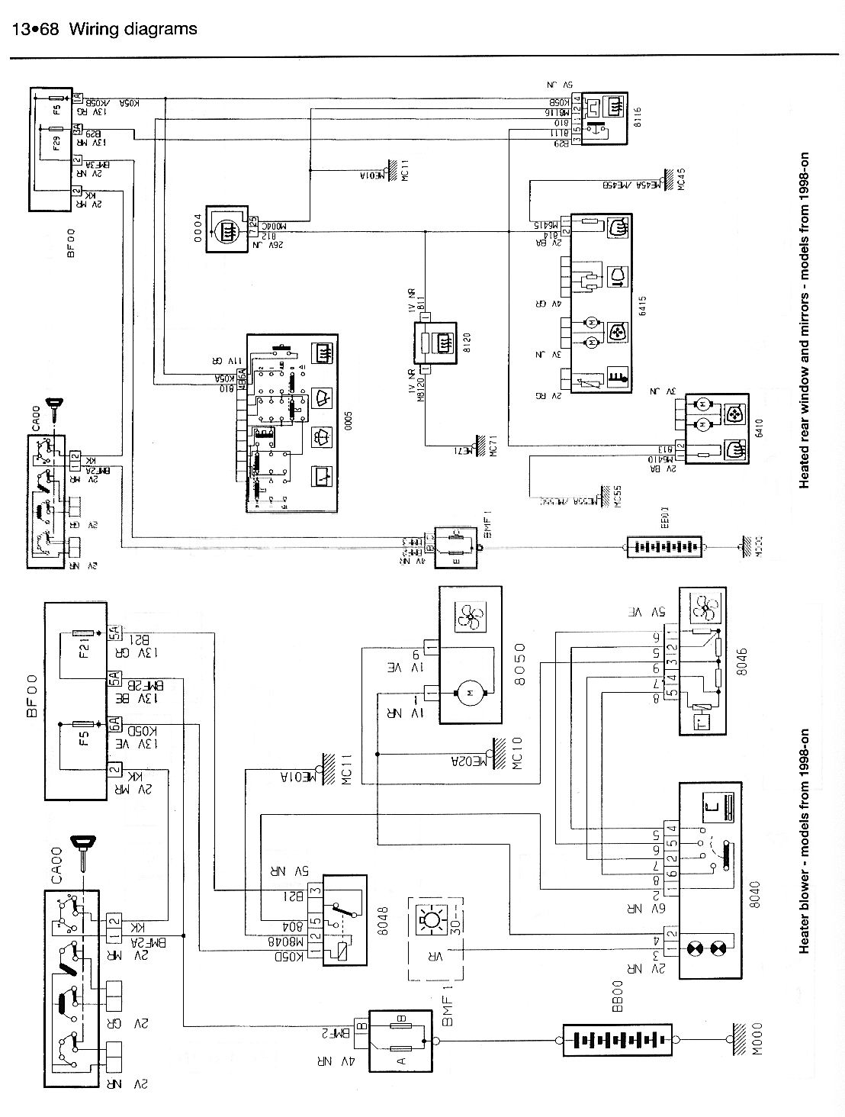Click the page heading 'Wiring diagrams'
[x=133, y=29]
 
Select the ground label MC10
[x=516, y=755]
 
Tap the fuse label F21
[x=84, y=648]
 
